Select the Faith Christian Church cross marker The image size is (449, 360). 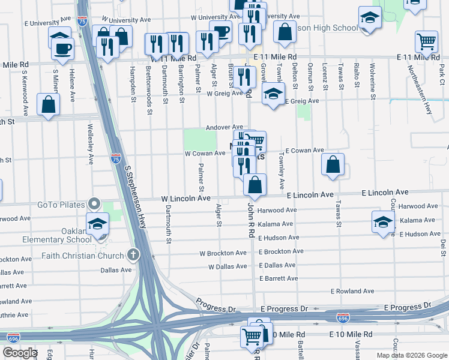coord(134,254)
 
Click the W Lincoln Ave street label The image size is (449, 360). coord(185,198)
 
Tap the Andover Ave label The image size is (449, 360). coord(224,127)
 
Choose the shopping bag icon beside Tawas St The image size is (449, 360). coord(333,164)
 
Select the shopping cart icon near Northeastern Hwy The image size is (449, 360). coord(427,42)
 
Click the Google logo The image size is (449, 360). coord(20,353)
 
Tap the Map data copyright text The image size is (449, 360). coord(411,355)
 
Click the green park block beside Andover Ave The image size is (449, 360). coord(194,139)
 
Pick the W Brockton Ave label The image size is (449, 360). coord(223,253)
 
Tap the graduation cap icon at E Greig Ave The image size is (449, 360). coord(273,94)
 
